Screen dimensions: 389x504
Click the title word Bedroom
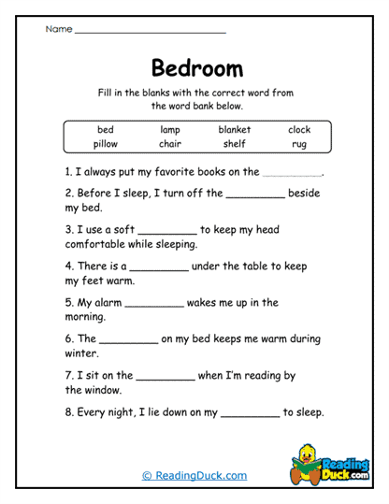click(196, 68)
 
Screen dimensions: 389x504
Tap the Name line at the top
click(150, 31)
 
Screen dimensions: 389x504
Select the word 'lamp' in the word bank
click(169, 130)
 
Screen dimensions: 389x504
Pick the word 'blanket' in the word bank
click(235, 130)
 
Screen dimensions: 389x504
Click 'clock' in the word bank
click(299, 130)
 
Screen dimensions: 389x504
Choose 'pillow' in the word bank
click(106, 144)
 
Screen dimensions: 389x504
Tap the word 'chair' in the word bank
click(169, 144)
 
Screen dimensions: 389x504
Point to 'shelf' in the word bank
click(235, 144)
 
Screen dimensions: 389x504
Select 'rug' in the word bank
click(299, 144)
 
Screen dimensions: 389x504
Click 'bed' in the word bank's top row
click(106, 130)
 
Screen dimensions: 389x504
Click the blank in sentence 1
click(293, 174)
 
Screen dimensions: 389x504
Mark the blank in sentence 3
click(166, 231)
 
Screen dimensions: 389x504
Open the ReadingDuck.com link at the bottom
click(194, 476)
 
